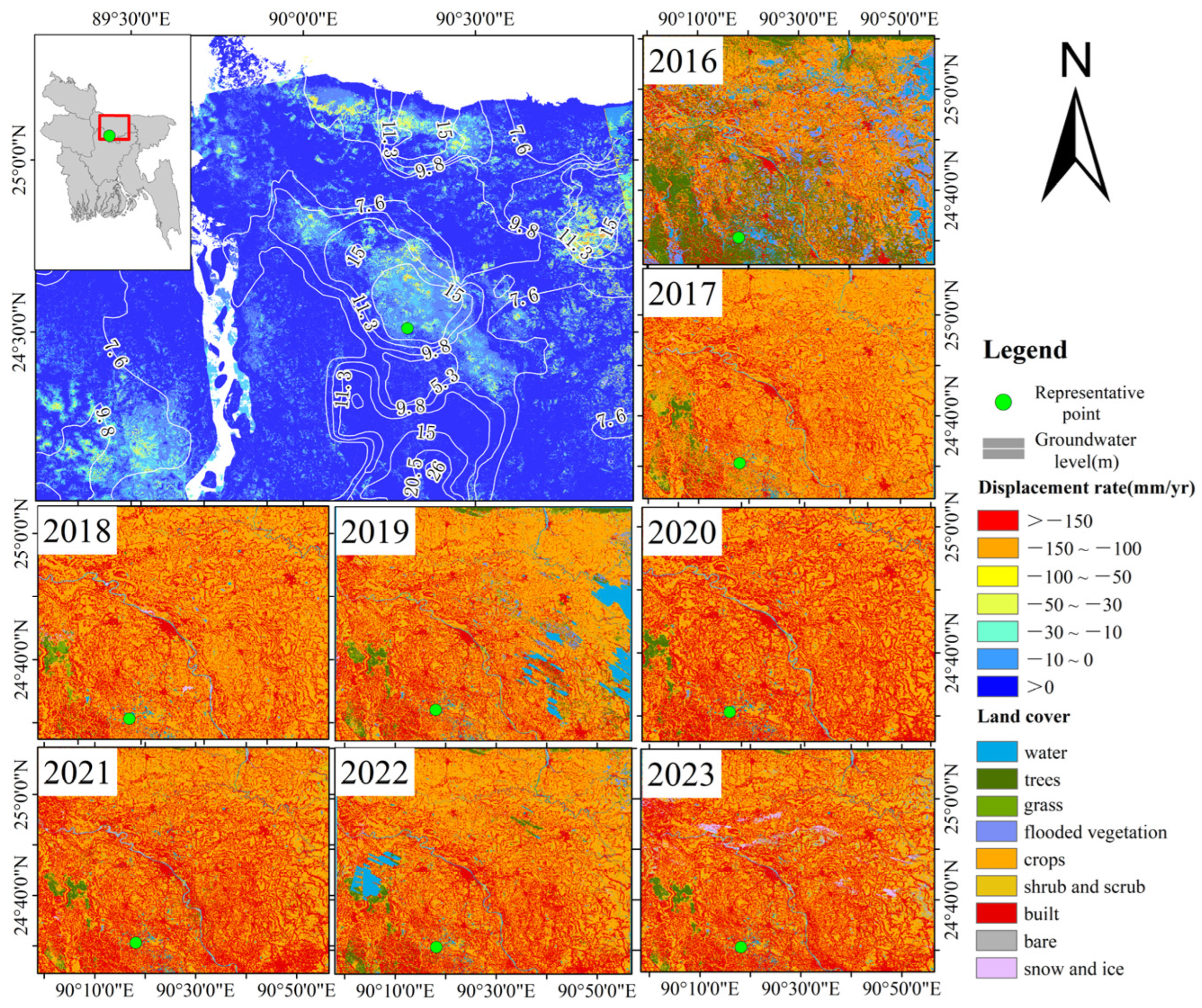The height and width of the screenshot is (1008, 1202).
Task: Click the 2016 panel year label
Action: (682, 61)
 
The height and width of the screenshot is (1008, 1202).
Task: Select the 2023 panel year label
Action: (681, 775)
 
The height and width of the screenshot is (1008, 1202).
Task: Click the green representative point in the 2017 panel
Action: (739, 463)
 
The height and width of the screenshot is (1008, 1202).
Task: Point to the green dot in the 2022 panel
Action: (436, 947)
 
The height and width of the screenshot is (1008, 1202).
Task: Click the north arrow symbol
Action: (1075, 143)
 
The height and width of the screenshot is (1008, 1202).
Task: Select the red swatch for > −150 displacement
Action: (997, 520)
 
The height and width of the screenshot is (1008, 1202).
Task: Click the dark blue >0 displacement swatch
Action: (997, 686)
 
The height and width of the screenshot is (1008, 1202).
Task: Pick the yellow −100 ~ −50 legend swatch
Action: (997, 576)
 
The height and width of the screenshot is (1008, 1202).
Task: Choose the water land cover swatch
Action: (997, 752)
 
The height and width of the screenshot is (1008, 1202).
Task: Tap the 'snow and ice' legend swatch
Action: (997, 968)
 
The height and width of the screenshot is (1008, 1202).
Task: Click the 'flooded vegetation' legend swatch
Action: (997, 831)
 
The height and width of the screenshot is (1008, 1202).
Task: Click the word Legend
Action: (1025, 350)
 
